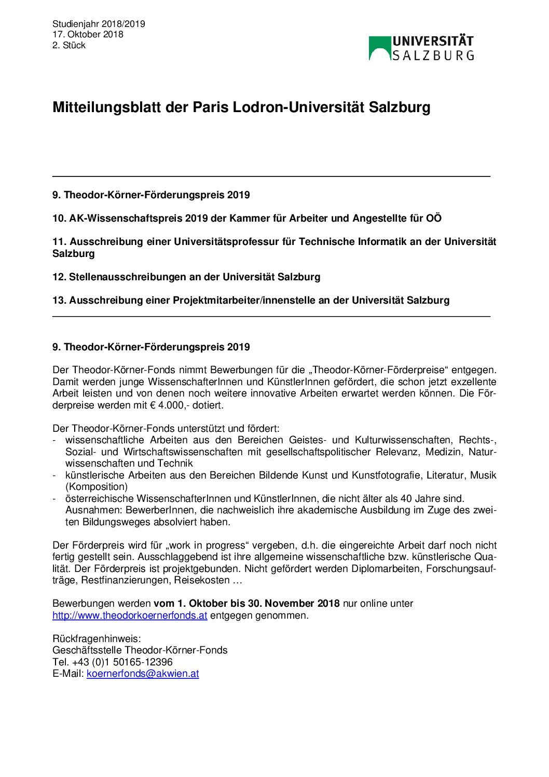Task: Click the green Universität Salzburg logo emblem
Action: click(380, 48)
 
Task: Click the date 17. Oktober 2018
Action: click(88, 34)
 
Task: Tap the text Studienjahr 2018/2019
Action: click(99, 24)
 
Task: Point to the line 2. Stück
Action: click(68, 45)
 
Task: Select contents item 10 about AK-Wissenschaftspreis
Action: click(247, 219)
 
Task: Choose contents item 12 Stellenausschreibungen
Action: click(186, 277)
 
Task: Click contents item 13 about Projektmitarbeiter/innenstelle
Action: click(251, 301)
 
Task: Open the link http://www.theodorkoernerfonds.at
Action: click(130, 616)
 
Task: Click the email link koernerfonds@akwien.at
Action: click(143, 674)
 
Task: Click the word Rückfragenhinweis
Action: click(97, 639)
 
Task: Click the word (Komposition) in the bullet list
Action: click(97, 487)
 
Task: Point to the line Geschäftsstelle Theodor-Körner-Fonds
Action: click(140, 650)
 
